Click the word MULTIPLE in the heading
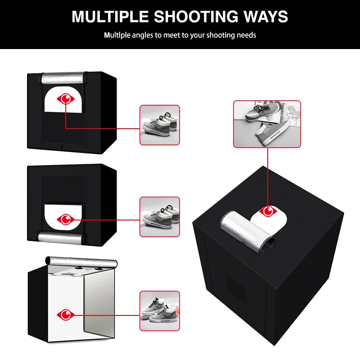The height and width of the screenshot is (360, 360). point(110,17)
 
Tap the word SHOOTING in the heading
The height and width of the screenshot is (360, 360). point(196,17)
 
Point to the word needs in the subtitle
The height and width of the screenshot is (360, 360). point(246,36)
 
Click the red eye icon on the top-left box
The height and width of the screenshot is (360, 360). point(66,99)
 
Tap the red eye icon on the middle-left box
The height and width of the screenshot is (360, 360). point(66,220)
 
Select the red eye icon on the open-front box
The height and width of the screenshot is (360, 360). point(66,315)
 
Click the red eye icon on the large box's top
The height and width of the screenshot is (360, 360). point(268,211)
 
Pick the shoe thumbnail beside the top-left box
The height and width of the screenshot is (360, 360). point(160,125)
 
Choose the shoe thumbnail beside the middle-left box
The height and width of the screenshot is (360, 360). point(160,217)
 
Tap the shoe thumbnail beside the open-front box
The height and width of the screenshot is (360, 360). point(160,311)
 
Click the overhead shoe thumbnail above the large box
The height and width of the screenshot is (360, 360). point(267,124)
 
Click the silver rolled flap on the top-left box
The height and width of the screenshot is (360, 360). point(63,78)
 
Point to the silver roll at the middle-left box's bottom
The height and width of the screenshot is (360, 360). point(61,238)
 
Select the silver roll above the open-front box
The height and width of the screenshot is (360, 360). point(81,262)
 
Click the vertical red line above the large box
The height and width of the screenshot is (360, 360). point(268,177)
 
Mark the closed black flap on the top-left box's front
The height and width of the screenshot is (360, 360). point(63,129)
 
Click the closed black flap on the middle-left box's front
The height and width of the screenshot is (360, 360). point(63,190)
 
